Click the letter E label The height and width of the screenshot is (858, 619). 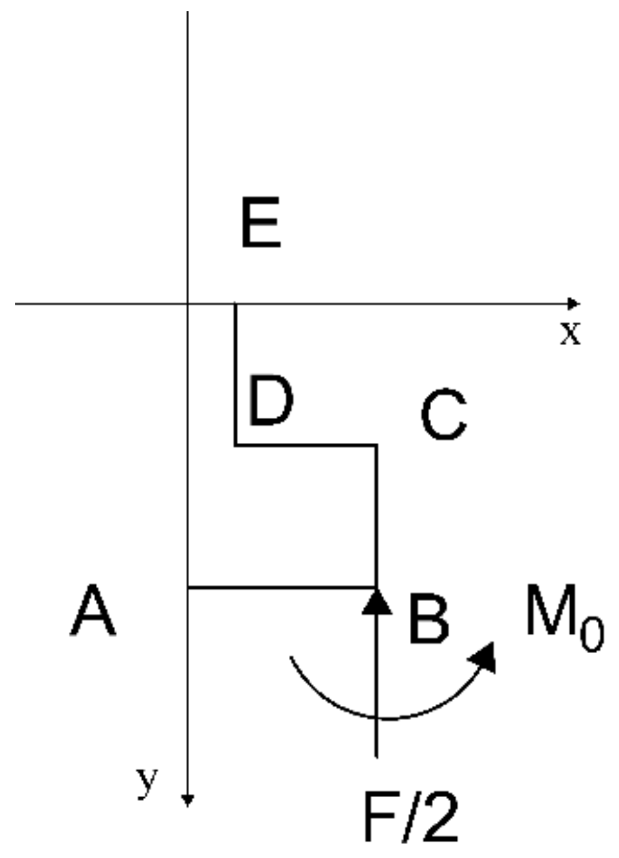tap(261, 225)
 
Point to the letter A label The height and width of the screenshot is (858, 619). tap(93, 613)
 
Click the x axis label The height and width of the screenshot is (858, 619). tap(570, 334)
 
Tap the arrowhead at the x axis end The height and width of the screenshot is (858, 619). tap(573, 304)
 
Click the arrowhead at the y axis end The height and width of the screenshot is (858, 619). tap(188, 800)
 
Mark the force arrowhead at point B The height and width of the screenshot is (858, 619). tap(376, 600)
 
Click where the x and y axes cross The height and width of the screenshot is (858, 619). tap(188, 304)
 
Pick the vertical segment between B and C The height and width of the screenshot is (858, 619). tap(376, 516)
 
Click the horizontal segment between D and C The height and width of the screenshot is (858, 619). tap(306, 445)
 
